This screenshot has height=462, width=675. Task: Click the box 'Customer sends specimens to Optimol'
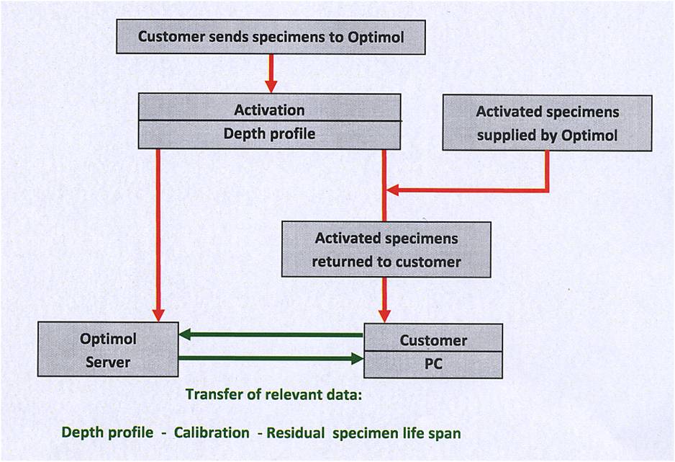271,37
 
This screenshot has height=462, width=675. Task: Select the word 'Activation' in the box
269,110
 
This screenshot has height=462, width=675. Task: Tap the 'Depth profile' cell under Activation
269,135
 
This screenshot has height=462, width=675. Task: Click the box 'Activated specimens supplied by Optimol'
547,123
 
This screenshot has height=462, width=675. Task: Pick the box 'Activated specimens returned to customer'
386,249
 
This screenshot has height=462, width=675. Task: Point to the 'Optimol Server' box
108,350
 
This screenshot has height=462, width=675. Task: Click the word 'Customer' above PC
433,340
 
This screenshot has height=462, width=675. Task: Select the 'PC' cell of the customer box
433,365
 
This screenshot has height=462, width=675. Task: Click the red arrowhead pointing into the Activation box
271,86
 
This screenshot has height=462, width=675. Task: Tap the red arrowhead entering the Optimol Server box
159,315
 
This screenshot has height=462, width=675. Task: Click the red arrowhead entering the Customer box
384,316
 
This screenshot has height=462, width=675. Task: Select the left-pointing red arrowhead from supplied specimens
393,190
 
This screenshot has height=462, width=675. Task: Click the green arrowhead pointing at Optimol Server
185,334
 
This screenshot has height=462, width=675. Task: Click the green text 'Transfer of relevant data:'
273,394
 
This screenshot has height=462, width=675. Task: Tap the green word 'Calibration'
212,432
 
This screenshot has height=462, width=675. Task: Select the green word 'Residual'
296,432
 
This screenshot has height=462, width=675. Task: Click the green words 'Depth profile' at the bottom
107,432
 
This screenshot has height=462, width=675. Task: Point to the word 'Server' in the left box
108,363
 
